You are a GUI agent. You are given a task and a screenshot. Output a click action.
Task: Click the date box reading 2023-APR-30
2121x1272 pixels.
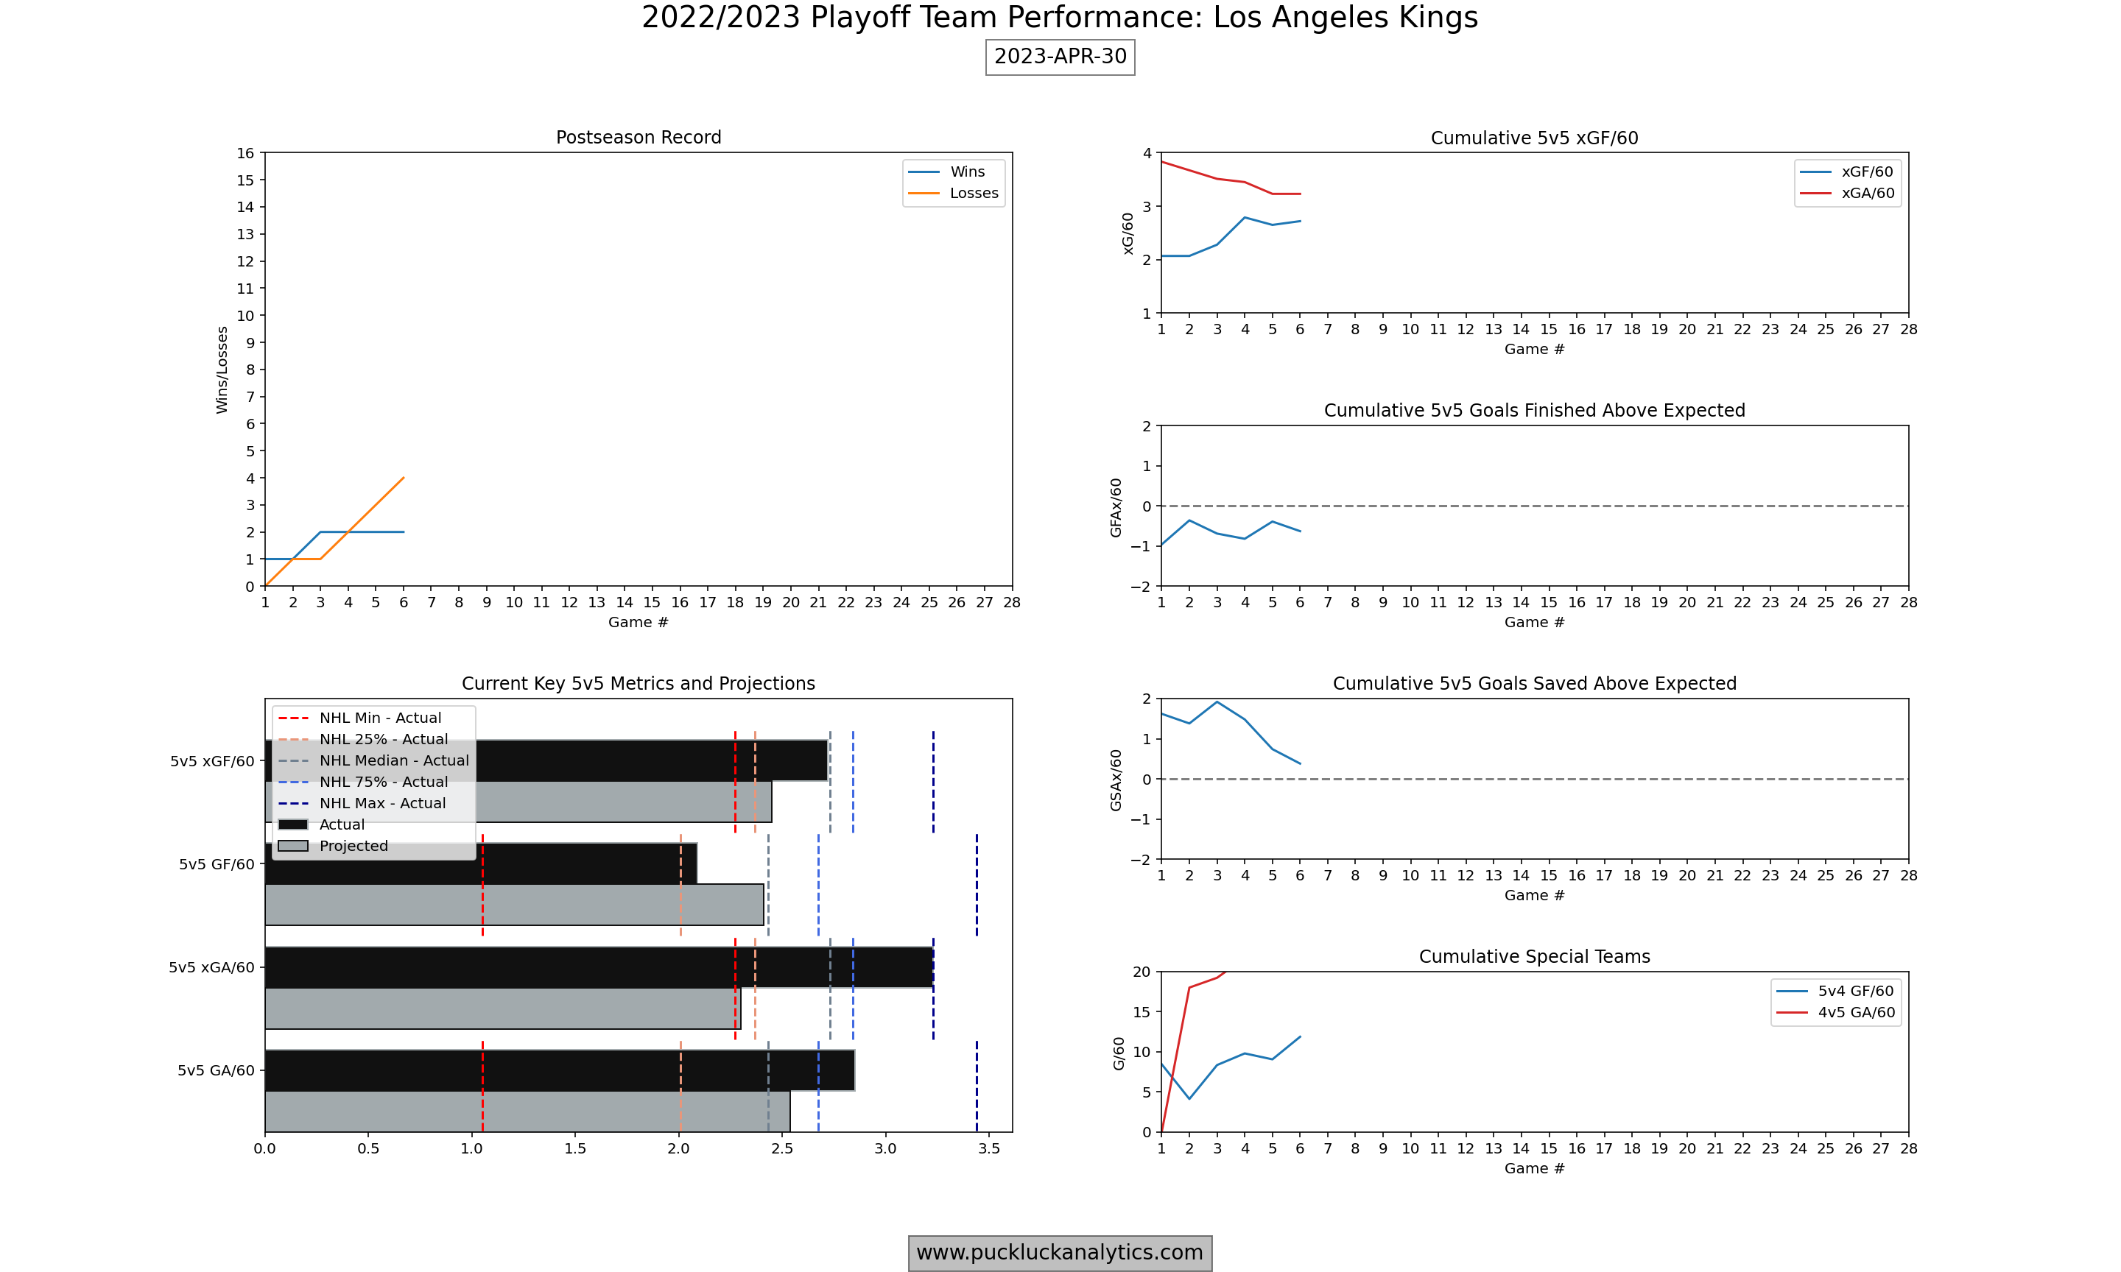(x=1060, y=57)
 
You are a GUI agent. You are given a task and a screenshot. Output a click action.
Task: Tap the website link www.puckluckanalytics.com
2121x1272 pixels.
(x=1060, y=1252)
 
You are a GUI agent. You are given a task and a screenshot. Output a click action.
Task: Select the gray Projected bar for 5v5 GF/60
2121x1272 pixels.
(x=514, y=904)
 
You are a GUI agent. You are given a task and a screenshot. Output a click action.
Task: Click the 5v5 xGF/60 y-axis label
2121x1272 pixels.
(x=212, y=761)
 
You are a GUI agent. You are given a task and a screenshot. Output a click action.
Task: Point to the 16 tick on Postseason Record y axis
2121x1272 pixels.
(x=246, y=153)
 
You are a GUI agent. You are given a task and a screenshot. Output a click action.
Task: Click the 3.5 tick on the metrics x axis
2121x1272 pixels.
(x=988, y=1148)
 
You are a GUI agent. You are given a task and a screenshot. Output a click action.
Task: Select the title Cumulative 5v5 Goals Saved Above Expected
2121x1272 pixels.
(x=1534, y=683)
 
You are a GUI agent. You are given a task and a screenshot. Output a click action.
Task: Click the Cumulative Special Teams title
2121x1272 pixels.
(x=1534, y=956)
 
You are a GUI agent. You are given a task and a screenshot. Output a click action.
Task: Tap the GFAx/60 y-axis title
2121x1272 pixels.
(x=1116, y=507)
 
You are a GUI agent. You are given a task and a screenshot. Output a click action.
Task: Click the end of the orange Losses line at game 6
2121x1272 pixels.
(x=404, y=478)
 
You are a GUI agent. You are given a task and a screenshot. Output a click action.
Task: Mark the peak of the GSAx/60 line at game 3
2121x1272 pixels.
(x=1217, y=702)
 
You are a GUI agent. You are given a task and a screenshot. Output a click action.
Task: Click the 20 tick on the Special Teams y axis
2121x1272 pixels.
(x=1141, y=972)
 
